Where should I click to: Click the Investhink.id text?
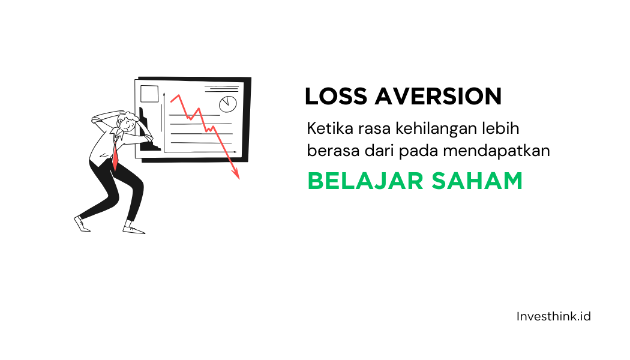coord(553,316)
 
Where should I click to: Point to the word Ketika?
coord(327,128)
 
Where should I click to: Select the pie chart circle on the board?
coord(228,104)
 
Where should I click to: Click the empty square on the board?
coord(149,94)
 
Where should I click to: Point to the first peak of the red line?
coord(178,95)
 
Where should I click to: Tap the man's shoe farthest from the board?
coord(82,224)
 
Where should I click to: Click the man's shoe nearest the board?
coord(133,229)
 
